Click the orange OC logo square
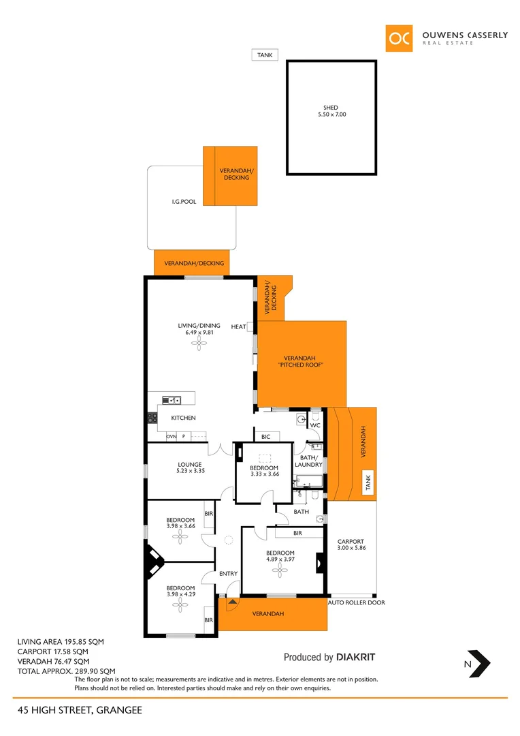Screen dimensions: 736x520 pyautogui.click(x=399, y=38)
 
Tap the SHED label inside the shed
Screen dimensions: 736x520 pyautogui.click(x=331, y=108)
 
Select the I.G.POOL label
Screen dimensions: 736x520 pyautogui.click(x=184, y=202)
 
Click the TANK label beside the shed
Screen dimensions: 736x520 pyautogui.click(x=264, y=55)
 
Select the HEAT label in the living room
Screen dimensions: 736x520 pyautogui.click(x=238, y=327)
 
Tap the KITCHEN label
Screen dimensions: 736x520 pyautogui.click(x=183, y=418)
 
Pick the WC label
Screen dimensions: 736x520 pyautogui.click(x=314, y=426)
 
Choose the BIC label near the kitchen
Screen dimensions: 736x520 pyautogui.click(x=265, y=436)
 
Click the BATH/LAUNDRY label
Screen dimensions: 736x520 pyautogui.click(x=308, y=461)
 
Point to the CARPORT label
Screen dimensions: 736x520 pyautogui.click(x=351, y=542)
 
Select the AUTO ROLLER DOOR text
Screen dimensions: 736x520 pyautogui.click(x=356, y=602)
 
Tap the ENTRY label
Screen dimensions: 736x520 pyautogui.click(x=228, y=574)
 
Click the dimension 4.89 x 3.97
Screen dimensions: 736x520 pyautogui.click(x=280, y=559)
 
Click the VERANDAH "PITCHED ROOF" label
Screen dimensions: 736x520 pyautogui.click(x=299, y=362)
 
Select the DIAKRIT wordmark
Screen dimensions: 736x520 pyautogui.click(x=356, y=658)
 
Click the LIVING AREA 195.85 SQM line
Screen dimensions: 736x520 pyautogui.click(x=61, y=642)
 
